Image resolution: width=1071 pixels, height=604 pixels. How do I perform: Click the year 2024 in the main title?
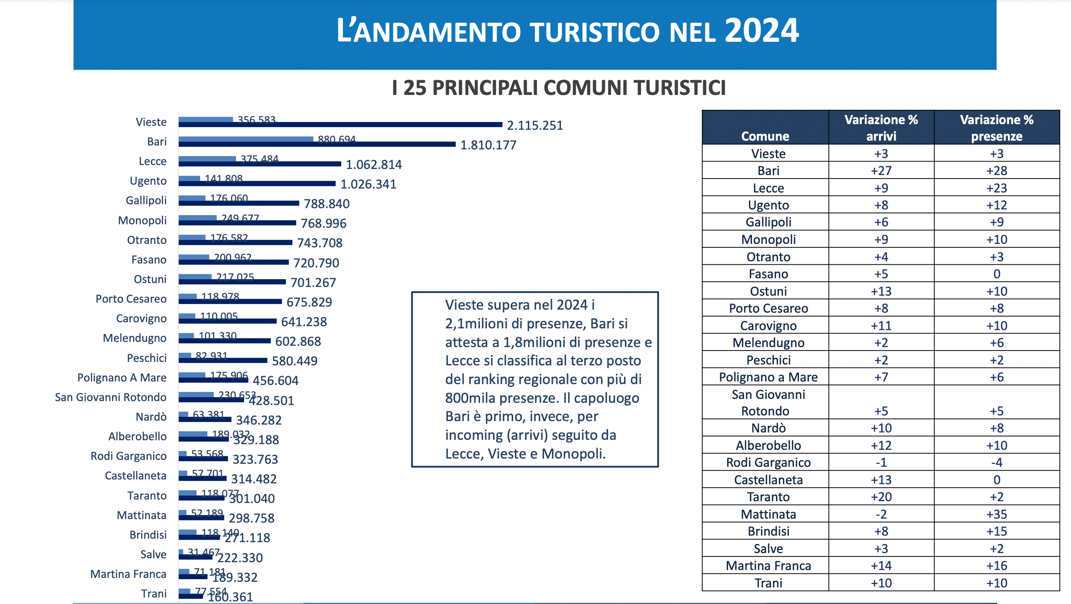(x=761, y=31)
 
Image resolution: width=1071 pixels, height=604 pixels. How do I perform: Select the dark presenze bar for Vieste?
(x=339, y=125)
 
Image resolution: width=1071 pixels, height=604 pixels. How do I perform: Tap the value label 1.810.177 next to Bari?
(x=488, y=145)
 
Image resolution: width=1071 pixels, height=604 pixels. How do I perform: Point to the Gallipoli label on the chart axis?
(x=146, y=200)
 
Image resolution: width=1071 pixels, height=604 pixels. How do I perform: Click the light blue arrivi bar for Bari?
(x=246, y=139)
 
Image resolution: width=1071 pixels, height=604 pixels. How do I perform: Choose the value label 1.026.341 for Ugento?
(x=368, y=184)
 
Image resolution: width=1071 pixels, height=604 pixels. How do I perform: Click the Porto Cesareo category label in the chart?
(x=131, y=299)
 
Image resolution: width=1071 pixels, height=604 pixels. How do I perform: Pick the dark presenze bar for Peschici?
(x=223, y=360)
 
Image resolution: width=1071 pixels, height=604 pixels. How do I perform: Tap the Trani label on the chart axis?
(x=154, y=594)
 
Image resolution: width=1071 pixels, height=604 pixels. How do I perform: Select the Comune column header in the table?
(x=765, y=136)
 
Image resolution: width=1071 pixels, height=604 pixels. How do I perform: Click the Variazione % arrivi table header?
(x=881, y=128)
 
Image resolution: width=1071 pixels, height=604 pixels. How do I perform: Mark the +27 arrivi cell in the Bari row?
(x=881, y=171)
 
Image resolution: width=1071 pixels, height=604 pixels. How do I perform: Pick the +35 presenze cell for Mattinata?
(x=997, y=514)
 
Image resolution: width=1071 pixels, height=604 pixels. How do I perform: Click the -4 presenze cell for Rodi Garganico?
(x=997, y=462)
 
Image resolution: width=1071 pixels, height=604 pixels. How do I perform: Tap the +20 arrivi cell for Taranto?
(x=881, y=497)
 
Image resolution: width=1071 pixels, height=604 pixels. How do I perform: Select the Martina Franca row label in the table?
(x=768, y=566)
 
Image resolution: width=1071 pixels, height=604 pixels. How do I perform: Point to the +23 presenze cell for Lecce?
(x=997, y=188)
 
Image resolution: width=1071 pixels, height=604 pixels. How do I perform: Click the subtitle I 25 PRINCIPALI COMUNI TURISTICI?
(x=559, y=88)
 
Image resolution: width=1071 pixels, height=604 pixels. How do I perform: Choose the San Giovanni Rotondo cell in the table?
(x=768, y=402)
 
